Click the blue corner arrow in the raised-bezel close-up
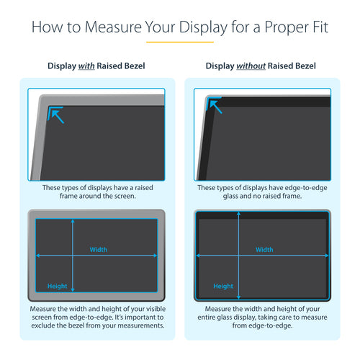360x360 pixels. [x=56, y=113]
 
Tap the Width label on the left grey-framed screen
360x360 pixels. [x=99, y=250]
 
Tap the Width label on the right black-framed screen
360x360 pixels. [x=264, y=250]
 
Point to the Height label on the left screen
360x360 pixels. [x=57, y=286]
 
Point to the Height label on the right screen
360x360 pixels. [x=222, y=286]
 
